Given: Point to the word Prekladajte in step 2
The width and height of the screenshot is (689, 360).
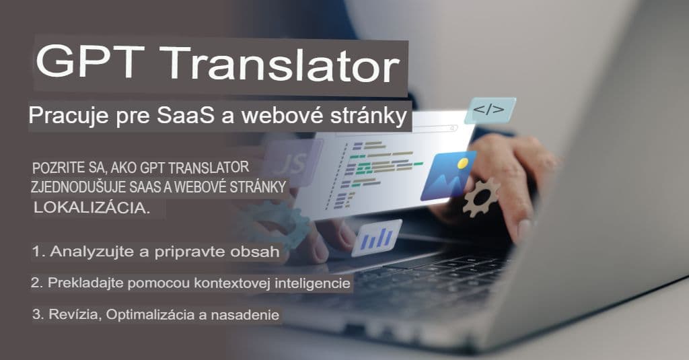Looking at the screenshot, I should point(81,284).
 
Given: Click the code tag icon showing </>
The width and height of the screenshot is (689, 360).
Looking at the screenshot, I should point(488,110).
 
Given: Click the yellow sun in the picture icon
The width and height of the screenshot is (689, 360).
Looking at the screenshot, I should point(462,163).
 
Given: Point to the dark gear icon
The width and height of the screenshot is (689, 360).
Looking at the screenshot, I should point(480,196).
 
